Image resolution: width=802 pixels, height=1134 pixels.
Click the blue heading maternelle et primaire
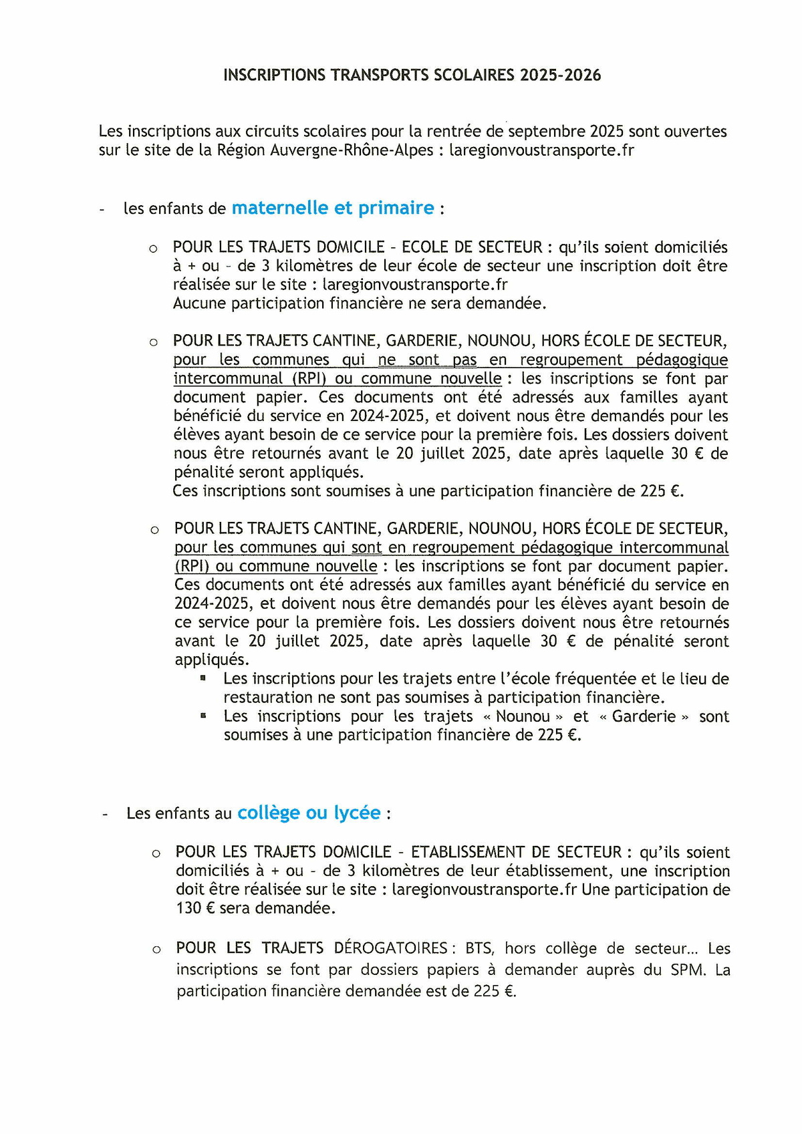(x=333, y=208)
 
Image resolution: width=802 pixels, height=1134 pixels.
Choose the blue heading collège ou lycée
(x=309, y=813)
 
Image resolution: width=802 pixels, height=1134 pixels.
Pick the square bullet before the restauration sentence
(x=203, y=678)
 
